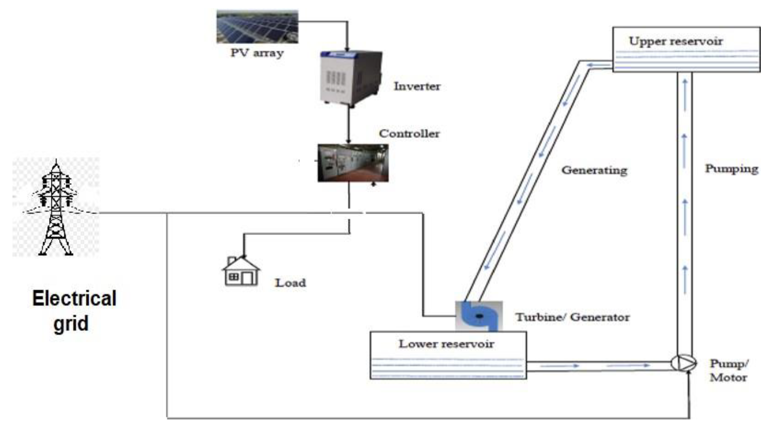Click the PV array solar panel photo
pos(257,27)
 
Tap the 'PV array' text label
pos(257,53)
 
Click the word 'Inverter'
pos(417,86)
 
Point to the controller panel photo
pos(353,163)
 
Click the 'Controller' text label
pos(409,134)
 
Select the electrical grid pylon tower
pos(56,208)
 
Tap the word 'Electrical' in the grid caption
pos(74,298)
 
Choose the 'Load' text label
pos(290,283)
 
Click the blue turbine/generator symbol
pos(479,316)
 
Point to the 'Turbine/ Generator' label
pos(572,317)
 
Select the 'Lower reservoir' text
pos(446,344)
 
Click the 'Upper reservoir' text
pos(676,41)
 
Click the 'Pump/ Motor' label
pos(729,370)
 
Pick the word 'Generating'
pos(594,171)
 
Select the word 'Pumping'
pos(731,169)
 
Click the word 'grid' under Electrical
pos(71,324)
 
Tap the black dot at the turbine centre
pos(479,317)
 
